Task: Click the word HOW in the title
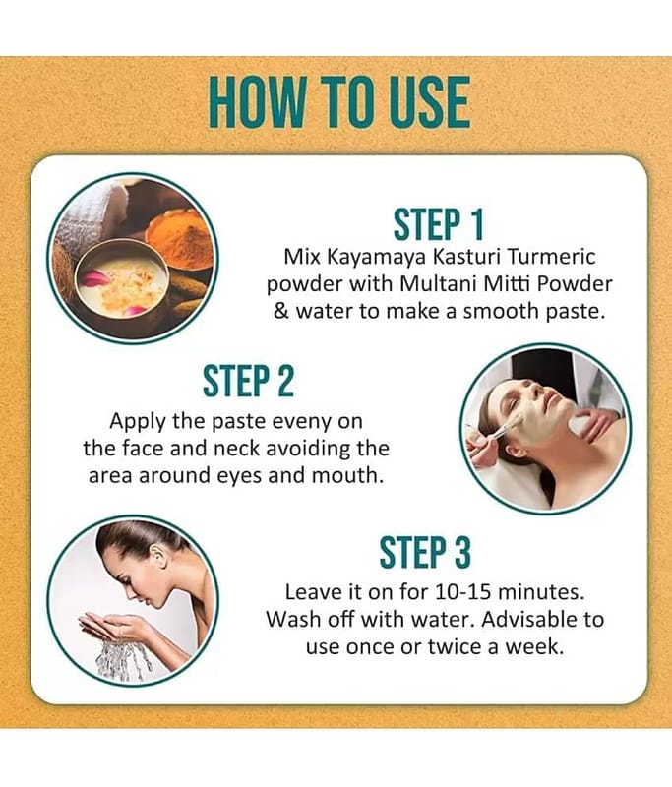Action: coord(256,102)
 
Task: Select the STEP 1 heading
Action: coord(438,224)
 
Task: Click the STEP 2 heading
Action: coord(248,382)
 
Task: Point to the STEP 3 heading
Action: coord(425,552)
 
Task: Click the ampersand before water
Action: coord(282,312)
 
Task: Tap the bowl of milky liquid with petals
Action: coord(121,282)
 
